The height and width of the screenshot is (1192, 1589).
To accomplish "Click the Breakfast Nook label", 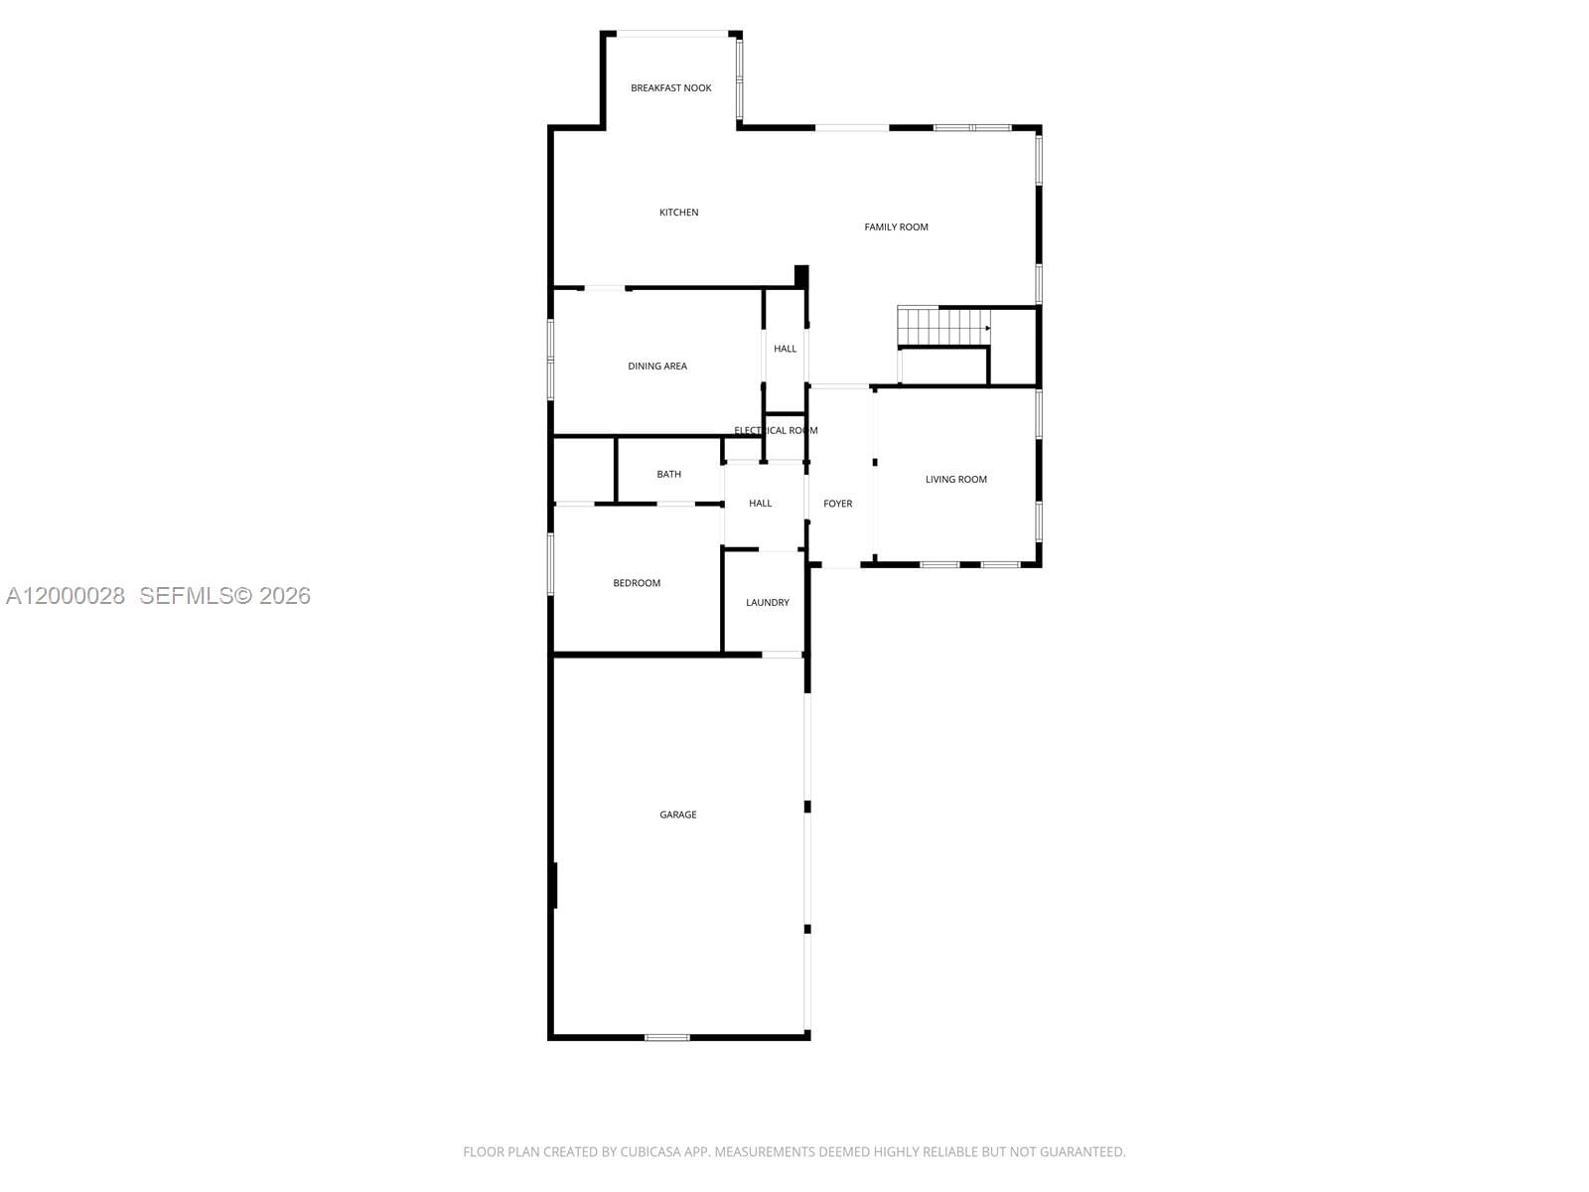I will [671, 88].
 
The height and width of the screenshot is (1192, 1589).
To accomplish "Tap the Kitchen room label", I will [679, 213].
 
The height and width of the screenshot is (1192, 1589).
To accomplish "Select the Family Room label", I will [896, 227].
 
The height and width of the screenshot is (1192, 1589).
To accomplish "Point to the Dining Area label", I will [657, 367].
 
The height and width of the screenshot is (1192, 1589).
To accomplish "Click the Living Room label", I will [956, 480].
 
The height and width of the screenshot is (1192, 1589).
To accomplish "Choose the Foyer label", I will [838, 504].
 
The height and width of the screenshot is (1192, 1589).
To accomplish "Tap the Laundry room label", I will [768, 603].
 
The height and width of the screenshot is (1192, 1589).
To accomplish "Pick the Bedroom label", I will [637, 583].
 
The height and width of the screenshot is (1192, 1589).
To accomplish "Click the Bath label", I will [669, 475].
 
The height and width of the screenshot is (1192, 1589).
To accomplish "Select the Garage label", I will [678, 815].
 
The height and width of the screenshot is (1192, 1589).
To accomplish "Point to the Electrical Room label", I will [776, 431].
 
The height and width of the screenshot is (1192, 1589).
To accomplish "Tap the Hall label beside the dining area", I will [786, 349].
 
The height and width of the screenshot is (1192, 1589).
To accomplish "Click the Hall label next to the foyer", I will [761, 504].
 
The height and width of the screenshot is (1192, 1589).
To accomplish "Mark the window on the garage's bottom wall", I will [667, 1038].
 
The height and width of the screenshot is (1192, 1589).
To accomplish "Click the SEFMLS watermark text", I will [224, 596].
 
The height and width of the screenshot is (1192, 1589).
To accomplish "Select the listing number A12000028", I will [66, 596].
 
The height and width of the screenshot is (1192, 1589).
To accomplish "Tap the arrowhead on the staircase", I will [987, 328].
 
